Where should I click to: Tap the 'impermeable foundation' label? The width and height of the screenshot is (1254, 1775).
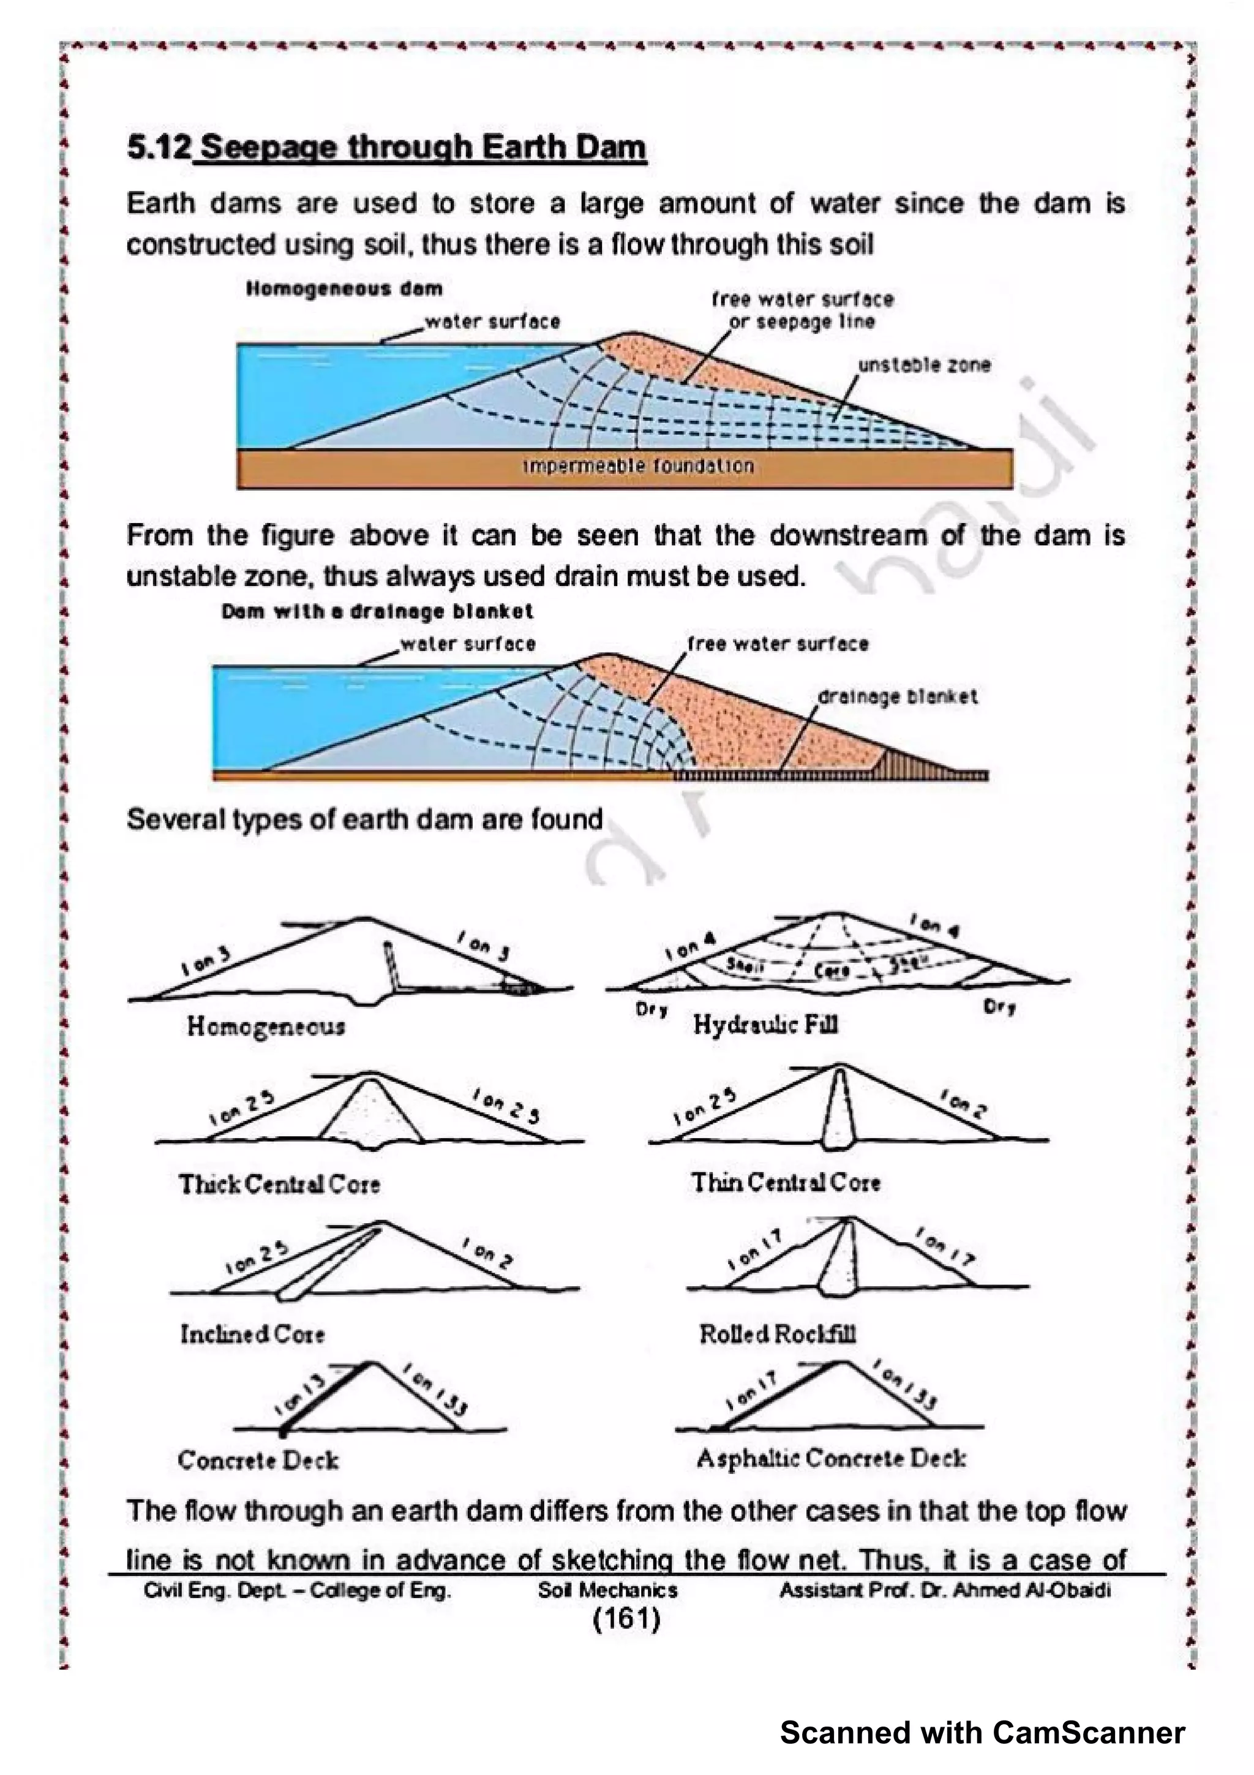(637, 466)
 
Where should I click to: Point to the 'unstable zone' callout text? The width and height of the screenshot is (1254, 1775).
(924, 365)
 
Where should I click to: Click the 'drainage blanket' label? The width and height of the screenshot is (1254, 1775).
(897, 696)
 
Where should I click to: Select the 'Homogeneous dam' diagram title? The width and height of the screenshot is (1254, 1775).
(344, 289)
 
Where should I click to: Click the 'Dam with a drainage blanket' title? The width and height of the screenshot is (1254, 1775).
(377, 611)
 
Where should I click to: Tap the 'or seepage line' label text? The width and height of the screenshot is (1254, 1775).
(802, 322)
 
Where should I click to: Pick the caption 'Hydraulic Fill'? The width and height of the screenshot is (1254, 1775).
(765, 1025)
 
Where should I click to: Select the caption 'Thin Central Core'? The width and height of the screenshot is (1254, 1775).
(786, 1183)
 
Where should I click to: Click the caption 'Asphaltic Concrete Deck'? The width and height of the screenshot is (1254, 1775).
(831, 1459)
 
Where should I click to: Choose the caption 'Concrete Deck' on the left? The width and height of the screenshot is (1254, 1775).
(258, 1460)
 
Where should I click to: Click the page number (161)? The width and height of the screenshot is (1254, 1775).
(626, 1618)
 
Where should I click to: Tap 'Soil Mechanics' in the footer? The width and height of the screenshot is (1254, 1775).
(607, 1590)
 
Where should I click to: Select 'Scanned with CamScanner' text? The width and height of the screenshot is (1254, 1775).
(982, 1733)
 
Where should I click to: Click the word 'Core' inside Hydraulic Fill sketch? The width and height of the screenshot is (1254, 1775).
(832, 970)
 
